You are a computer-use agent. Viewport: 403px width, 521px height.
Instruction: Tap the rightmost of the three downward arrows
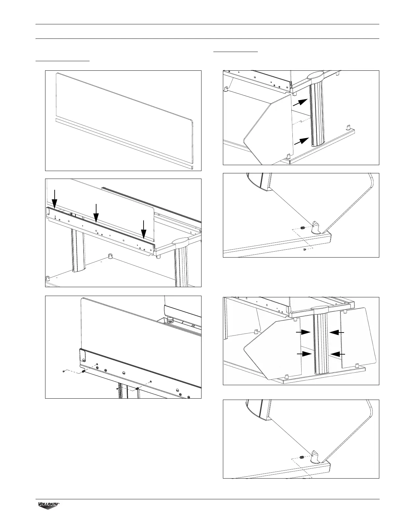(x=143, y=230)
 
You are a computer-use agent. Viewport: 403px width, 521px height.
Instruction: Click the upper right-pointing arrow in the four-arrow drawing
(x=303, y=333)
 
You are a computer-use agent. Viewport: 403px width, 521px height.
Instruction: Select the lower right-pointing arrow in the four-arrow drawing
(x=304, y=354)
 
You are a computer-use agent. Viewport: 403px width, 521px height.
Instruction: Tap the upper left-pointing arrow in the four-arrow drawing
(x=337, y=333)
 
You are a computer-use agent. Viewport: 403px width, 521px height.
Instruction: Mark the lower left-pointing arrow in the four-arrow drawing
(x=337, y=354)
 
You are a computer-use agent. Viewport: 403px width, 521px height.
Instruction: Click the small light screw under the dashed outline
(x=305, y=250)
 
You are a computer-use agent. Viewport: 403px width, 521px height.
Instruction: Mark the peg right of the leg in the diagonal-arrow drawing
(x=348, y=127)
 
